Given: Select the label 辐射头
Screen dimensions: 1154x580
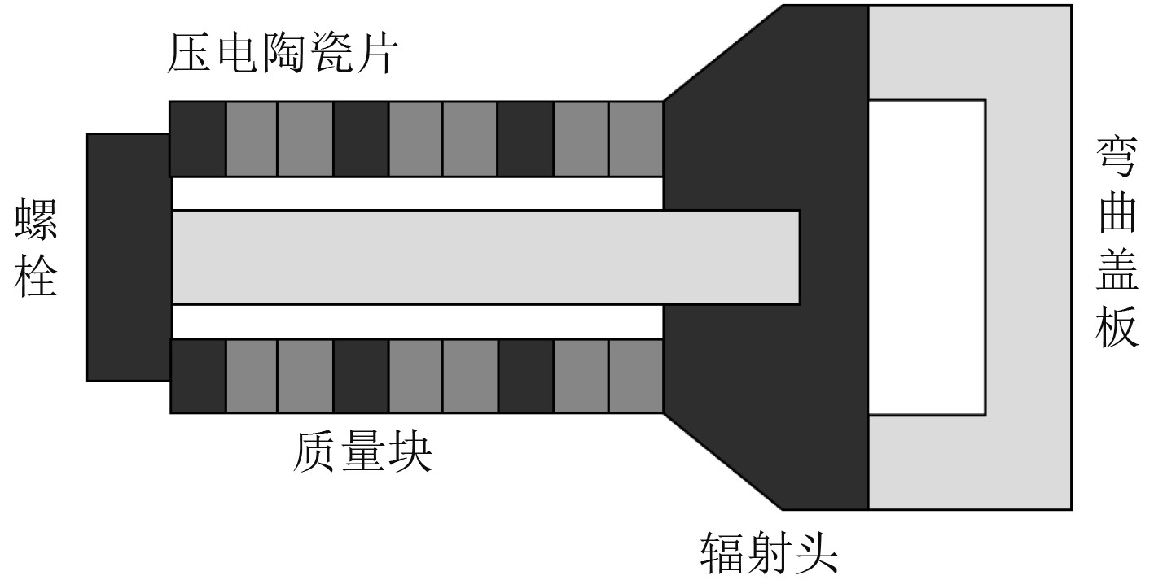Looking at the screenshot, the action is coord(770,554).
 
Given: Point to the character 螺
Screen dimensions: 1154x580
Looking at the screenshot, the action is coord(37,221).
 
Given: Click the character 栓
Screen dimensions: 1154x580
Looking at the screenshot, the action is coord(37,276).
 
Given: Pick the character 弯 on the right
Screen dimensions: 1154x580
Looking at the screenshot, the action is coord(1116,157).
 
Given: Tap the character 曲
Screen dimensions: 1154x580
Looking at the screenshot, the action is coord(1116,213).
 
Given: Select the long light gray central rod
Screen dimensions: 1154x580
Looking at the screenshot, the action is coord(485,257).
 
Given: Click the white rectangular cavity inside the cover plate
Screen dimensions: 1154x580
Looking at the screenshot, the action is coord(927,257).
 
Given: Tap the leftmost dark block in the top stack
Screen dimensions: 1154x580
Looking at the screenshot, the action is coord(198,139).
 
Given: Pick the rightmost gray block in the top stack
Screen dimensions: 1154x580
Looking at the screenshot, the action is coord(635,139).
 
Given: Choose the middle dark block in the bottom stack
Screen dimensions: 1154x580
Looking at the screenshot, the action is coord(362,376).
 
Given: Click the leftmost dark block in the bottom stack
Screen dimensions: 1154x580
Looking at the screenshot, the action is coord(198,376).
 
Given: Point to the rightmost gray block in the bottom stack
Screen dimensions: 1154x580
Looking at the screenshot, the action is coord(635,376).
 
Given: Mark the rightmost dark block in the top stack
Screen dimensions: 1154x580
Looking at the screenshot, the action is coord(525,139).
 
